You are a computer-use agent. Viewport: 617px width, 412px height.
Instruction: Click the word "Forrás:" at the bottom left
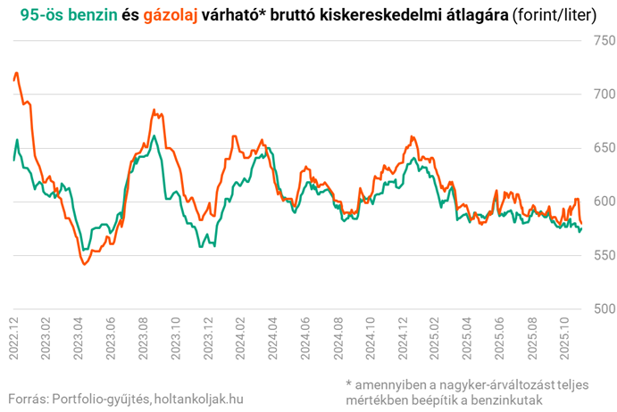point(27,398)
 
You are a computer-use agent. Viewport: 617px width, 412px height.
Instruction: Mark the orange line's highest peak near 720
point(17,73)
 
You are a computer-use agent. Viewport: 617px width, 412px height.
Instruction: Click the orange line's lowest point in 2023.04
point(85,264)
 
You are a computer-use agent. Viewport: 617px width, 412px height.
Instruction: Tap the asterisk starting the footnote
point(349,384)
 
